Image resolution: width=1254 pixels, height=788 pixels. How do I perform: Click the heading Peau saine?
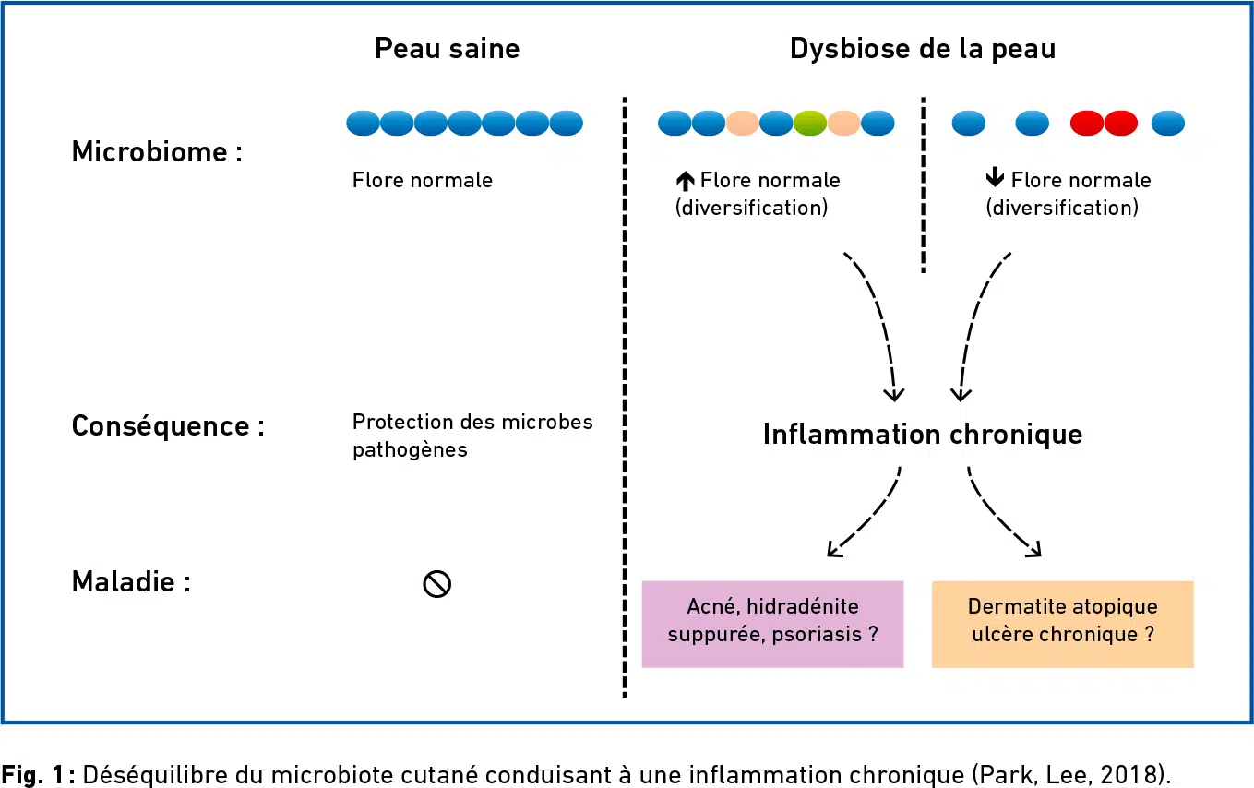pos(447,48)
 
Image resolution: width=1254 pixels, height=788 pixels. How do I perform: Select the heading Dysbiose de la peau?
pos(923,49)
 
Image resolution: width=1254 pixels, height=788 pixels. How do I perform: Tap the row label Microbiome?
pos(157,151)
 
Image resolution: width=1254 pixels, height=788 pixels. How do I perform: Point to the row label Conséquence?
pos(168,426)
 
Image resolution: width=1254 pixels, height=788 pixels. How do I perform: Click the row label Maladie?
pos(131,581)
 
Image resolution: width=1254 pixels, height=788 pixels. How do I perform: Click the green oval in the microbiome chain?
pos(809,123)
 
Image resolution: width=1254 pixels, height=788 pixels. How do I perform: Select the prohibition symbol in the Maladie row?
pos(436,584)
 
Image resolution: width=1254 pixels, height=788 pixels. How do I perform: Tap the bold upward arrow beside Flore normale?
pos(686,181)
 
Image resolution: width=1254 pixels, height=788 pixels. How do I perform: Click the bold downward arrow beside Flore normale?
pos(995,177)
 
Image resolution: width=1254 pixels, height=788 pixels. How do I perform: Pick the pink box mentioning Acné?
pos(772,624)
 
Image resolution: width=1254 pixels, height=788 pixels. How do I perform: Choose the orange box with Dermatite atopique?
pos(1063,624)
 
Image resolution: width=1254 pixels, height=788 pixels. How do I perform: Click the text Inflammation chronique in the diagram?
pos(923,435)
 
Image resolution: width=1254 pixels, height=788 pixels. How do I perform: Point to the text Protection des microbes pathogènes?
pos(472,436)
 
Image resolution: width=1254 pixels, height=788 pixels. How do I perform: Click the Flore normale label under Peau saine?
pos(422,180)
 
